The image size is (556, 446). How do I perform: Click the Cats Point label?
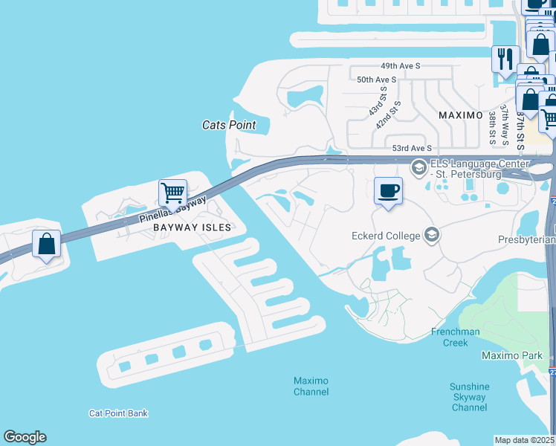pyautogui.click(x=229, y=125)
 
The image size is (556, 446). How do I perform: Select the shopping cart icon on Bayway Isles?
pyautogui.click(x=172, y=193)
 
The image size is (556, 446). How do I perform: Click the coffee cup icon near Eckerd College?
pyautogui.click(x=388, y=191)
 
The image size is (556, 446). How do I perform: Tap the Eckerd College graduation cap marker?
pyautogui.click(x=431, y=236)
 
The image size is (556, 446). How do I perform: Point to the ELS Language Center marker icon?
pyautogui.click(x=418, y=167)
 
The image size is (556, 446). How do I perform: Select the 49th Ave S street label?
pyautogui.click(x=400, y=66)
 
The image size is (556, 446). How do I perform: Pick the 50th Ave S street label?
pyautogui.click(x=376, y=80)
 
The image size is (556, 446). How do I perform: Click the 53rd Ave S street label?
pyautogui.click(x=412, y=149)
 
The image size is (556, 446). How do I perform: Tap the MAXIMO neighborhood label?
pyautogui.click(x=461, y=116)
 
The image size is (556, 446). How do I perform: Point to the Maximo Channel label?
pyautogui.click(x=311, y=386)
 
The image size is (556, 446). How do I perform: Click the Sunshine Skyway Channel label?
pyautogui.click(x=470, y=397)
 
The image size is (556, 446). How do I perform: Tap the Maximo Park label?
pyautogui.click(x=512, y=355)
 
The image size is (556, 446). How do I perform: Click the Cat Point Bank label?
pyautogui.click(x=118, y=413)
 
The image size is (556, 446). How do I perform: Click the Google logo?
pyautogui.click(x=25, y=437)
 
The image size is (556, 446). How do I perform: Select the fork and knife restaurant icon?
pyautogui.click(x=505, y=59)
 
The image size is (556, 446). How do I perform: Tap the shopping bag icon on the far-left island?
pyautogui.click(x=46, y=244)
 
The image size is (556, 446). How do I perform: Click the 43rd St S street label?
pyautogui.click(x=378, y=103)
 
